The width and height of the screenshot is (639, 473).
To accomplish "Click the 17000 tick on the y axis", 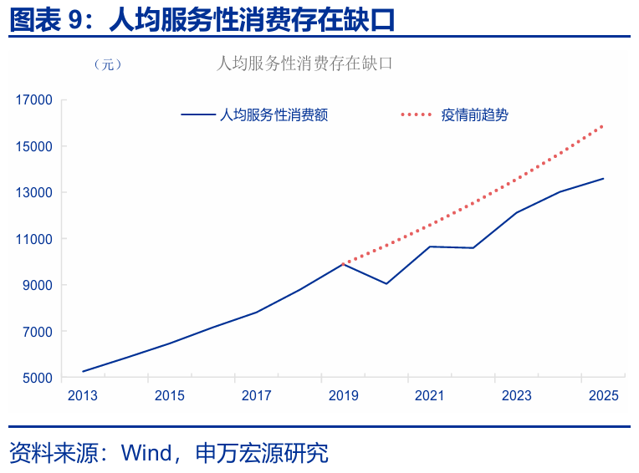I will point(34,100).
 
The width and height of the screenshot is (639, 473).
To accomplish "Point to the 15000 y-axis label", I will point(34,146).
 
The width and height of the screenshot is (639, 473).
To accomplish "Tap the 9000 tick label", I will point(38,286).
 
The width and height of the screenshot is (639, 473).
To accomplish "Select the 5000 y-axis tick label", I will point(38,378).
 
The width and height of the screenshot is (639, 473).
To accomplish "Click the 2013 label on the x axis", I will point(83,395).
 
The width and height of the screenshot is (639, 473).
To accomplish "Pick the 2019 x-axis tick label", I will point(343,395).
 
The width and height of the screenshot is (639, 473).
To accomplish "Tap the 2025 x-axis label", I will point(603,395).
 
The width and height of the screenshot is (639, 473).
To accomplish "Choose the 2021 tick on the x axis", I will point(430,395).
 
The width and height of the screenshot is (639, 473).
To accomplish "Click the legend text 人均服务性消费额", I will point(273,115).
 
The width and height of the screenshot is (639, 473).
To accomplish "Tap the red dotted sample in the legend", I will point(417,115).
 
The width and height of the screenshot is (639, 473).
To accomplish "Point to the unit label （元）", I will point(108,65).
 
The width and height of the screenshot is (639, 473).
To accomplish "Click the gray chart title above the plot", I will point(304,63).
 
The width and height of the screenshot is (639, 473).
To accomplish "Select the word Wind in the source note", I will point(146,453).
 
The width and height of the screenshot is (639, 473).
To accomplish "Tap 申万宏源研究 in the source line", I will point(261,453).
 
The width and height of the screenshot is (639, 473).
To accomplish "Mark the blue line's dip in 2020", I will point(386,283).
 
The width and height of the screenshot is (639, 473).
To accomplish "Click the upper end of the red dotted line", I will point(602,126).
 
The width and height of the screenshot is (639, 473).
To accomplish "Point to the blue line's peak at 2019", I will point(343,263).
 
